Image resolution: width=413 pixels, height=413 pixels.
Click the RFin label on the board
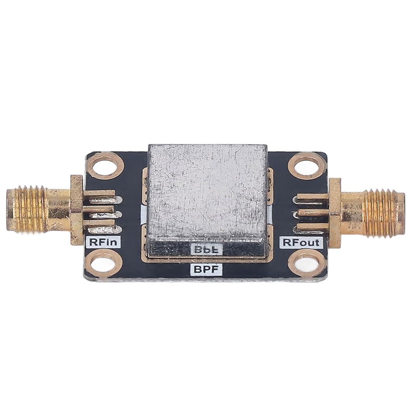click(x=103, y=242)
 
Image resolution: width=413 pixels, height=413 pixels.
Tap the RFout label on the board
click(x=301, y=242)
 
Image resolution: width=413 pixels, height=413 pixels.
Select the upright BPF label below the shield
click(x=206, y=269)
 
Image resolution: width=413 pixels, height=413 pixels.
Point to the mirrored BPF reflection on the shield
click(x=206, y=249)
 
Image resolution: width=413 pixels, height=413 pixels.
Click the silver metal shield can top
click(x=207, y=192)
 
